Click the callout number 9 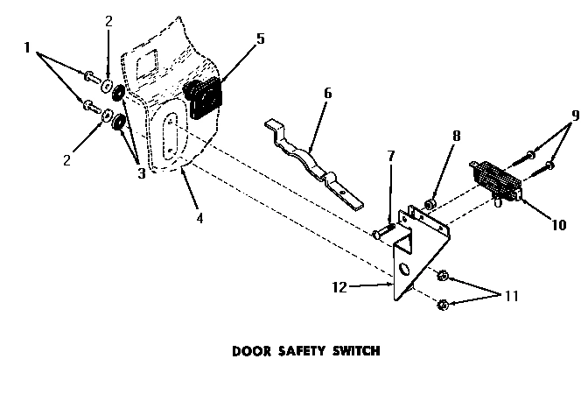tap(575, 114)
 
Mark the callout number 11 tap(511, 296)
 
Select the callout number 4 tap(200, 217)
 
